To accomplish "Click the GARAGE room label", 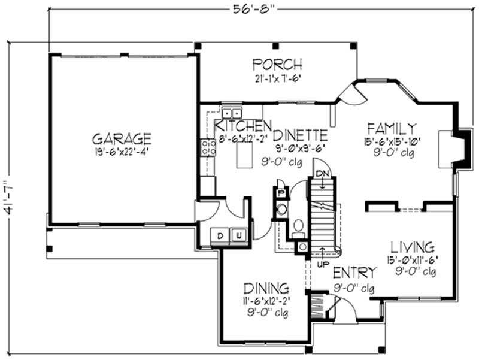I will pyautogui.click(x=122, y=139).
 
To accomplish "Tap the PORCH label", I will pyautogui.click(x=277, y=64).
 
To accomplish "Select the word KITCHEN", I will pyautogui.click(x=241, y=126).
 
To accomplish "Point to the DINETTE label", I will pyautogui.click(x=301, y=135).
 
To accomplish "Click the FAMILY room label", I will pyautogui.click(x=392, y=128).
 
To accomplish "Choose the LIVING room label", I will pyautogui.click(x=413, y=247).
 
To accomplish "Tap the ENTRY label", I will pyautogui.click(x=355, y=273).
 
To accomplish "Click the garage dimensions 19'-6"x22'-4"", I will pyautogui.click(x=122, y=152).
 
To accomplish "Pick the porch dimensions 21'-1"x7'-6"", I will pyautogui.click(x=277, y=78).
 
